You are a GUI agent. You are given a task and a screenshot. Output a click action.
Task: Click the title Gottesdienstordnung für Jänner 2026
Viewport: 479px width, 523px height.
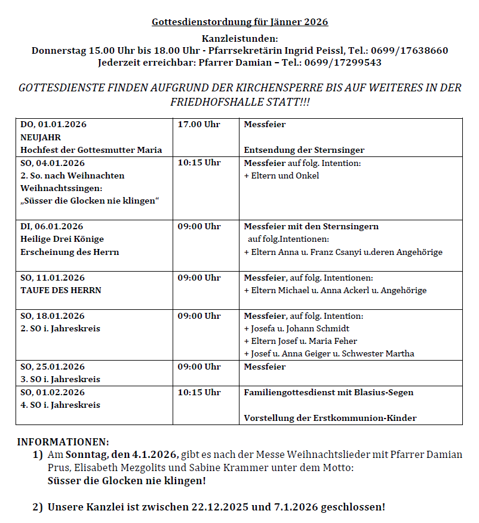pos(240,23)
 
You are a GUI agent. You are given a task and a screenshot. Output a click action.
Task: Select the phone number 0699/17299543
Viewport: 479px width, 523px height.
pos(342,62)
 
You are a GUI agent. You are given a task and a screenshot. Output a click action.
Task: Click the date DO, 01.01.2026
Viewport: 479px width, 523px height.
pos(54,125)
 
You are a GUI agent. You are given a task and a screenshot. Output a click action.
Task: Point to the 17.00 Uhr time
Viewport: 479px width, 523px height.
pos(199,125)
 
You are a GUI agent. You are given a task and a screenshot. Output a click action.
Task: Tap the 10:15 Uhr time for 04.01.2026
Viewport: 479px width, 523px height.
pos(199,163)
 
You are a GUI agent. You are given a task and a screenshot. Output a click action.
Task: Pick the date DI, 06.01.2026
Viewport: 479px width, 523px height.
pos(52,227)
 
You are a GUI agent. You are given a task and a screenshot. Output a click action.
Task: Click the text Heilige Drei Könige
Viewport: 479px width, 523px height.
pos(62,239)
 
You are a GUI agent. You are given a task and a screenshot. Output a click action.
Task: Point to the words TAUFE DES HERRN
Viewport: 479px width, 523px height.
pos(61,291)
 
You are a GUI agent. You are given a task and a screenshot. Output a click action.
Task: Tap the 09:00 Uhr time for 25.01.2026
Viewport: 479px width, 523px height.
pos(199,367)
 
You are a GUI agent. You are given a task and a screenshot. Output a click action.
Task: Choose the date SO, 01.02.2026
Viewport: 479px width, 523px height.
pos(53,393)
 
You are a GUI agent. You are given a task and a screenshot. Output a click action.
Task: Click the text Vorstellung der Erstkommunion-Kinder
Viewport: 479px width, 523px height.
pos(330,418)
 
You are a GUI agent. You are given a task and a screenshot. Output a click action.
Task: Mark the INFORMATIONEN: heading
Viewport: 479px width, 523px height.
pos(63,442)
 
